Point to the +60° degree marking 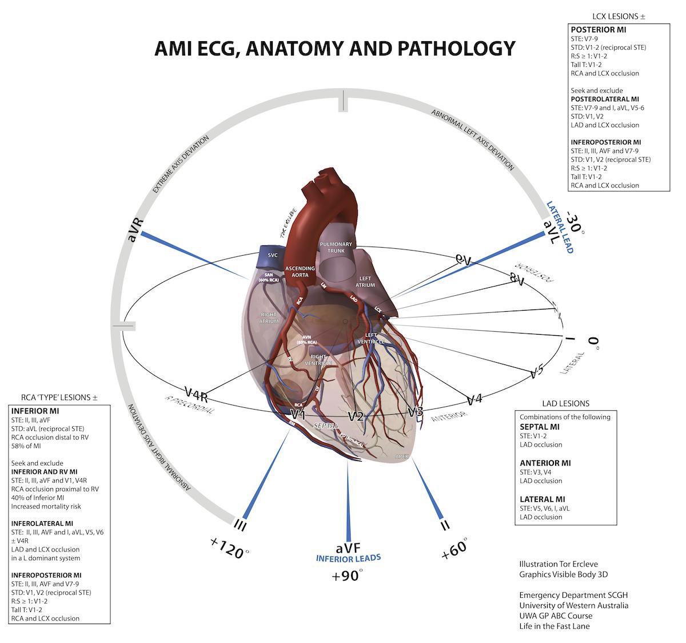(455, 549)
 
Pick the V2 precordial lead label (356, 416)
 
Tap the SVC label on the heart (273, 255)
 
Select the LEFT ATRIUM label (365, 280)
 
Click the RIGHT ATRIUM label (268, 317)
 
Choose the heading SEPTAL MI (539, 427)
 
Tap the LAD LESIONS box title (565, 403)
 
